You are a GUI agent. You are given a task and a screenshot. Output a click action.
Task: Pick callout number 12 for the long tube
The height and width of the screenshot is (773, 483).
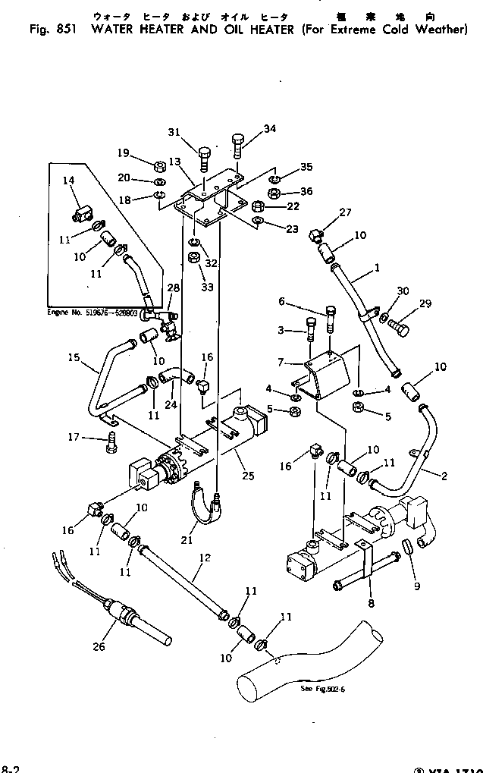pyautogui.click(x=203, y=558)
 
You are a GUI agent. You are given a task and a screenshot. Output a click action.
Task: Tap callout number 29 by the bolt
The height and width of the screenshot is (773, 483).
pyautogui.click(x=425, y=303)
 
